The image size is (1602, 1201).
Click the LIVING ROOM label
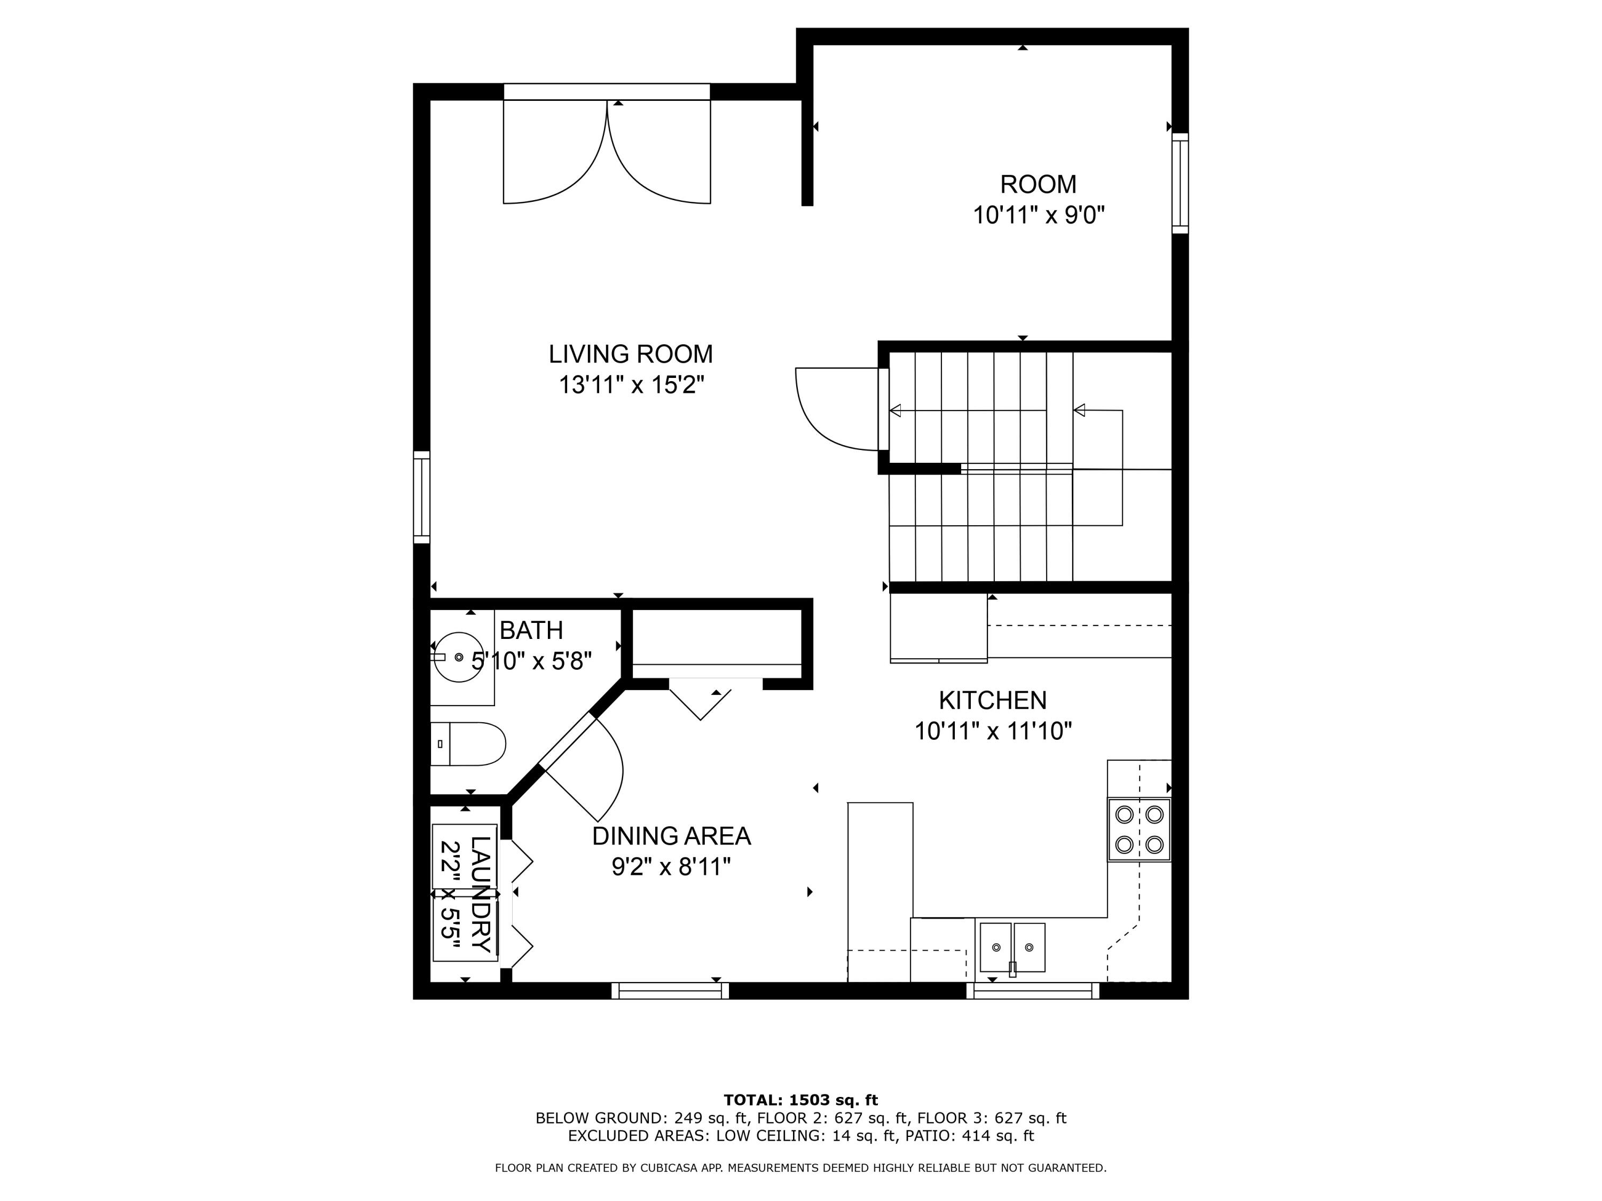click(x=630, y=354)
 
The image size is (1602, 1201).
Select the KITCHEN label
click(x=992, y=700)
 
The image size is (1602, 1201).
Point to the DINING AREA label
click(x=671, y=835)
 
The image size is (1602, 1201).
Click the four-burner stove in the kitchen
click(x=1138, y=829)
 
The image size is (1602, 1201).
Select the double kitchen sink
click(x=1012, y=947)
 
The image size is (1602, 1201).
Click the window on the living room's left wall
click(x=421, y=497)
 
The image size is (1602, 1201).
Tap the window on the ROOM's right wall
click(x=1180, y=183)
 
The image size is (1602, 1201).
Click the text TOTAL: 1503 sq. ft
click(x=800, y=1100)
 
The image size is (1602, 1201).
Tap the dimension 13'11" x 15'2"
click(x=631, y=384)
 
